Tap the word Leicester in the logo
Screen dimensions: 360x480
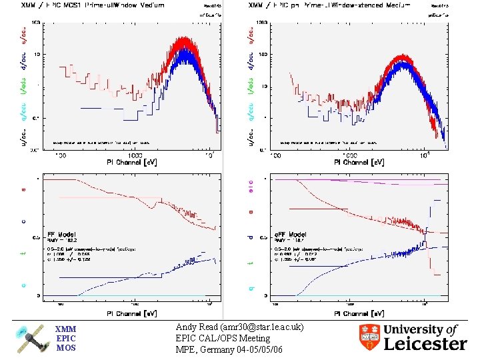pos(425,343)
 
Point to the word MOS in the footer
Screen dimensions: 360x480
pos(66,347)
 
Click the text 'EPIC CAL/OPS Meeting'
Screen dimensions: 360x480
pos(223,338)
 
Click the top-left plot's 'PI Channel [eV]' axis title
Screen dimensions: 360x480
pos(134,162)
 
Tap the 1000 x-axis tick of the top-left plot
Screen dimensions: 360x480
pos(135,155)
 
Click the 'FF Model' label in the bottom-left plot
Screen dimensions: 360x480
pos(61,235)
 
